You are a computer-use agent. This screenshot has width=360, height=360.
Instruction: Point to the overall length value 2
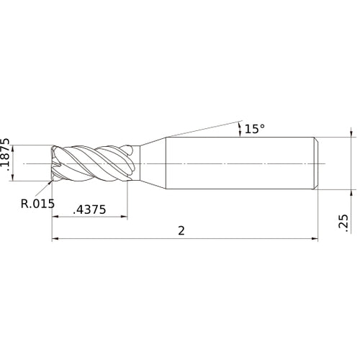point(181,230)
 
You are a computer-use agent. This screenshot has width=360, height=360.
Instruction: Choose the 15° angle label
point(254,129)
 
